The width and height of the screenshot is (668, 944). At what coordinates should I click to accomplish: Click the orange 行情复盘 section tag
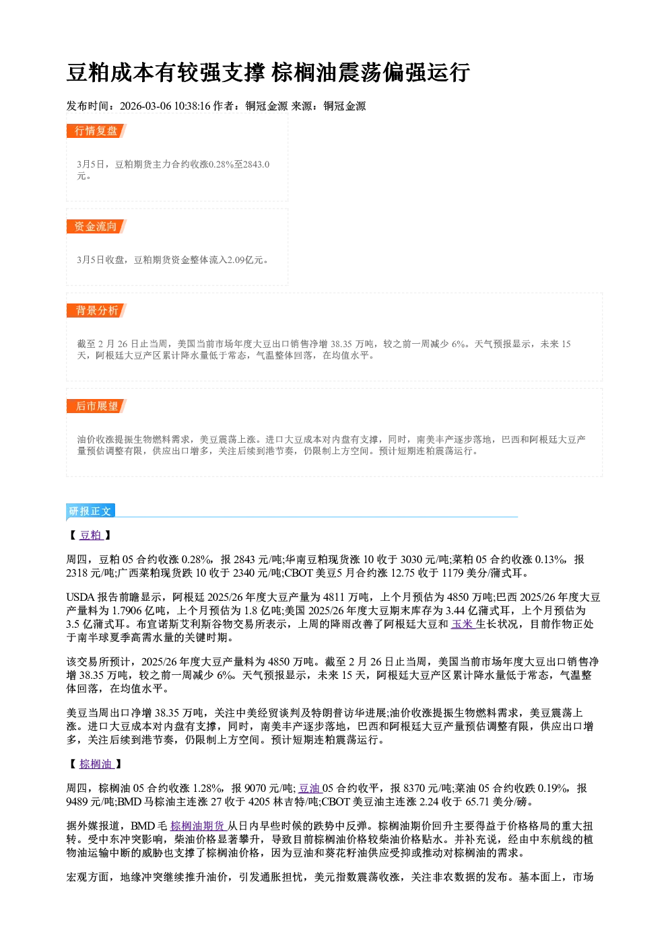[x=96, y=131]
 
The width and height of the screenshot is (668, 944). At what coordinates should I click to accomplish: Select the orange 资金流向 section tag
[x=96, y=226]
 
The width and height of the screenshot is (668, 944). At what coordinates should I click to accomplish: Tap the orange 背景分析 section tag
[x=96, y=311]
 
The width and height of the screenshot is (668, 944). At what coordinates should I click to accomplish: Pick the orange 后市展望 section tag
[x=96, y=406]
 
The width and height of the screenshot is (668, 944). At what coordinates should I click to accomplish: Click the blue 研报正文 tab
[x=90, y=511]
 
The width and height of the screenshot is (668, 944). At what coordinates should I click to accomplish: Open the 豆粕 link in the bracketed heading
[x=92, y=535]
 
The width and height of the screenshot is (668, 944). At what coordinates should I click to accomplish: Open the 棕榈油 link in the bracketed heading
[x=97, y=764]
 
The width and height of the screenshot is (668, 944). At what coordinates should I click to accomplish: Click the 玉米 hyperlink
[x=463, y=624]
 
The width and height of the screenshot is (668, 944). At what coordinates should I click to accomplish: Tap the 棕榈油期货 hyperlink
[x=199, y=826]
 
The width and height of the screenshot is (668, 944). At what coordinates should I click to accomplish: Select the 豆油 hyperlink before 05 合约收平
[x=310, y=788]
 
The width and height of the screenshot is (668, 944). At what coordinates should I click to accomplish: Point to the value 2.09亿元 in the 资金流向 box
[x=245, y=260]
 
